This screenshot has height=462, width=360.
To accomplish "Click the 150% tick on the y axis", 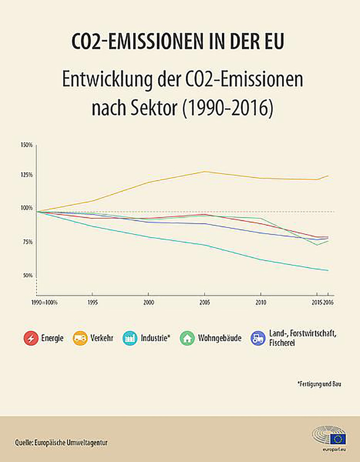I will pos(27,145).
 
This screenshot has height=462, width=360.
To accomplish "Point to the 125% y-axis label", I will pos(27,175).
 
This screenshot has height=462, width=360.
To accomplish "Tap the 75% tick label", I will pos(28,242).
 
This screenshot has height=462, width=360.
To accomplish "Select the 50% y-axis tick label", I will pos(28,275).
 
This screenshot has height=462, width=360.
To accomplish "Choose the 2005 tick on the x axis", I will pos(204,303).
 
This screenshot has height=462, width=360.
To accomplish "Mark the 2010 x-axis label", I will pos(260,303).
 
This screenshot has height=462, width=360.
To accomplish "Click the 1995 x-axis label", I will pos(92,303).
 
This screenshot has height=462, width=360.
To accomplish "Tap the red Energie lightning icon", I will pos(31,339).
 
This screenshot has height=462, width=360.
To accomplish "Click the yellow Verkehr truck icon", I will pos(80,339).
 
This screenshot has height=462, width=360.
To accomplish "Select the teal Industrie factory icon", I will pos(130,339).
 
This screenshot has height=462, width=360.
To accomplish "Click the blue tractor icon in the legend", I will pos(258,339).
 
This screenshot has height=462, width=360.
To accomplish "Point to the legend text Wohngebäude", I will pos(220,339).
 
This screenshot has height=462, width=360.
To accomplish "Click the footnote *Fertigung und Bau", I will pos(320,384).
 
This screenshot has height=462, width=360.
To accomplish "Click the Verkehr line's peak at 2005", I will pos(204,172).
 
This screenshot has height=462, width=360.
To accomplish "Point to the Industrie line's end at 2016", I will pos(328,271).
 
